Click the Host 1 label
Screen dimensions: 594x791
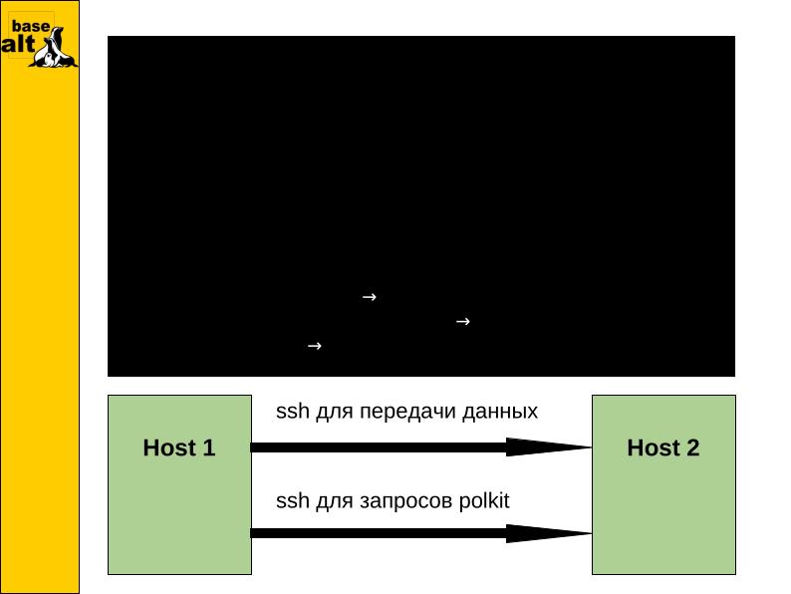pyautogui.click(x=179, y=448)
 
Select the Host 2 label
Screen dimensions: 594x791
pyautogui.click(x=662, y=448)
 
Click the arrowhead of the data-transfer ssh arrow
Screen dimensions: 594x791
pyautogui.click(x=548, y=447)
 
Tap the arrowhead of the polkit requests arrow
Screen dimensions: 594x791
pyautogui.click(x=548, y=533)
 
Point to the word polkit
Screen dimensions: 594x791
pyautogui.click(x=485, y=500)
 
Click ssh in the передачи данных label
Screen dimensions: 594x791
pyautogui.click(x=291, y=412)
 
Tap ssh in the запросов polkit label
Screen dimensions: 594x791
pyautogui.click(x=291, y=500)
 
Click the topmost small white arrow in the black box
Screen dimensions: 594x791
pyautogui.click(x=368, y=297)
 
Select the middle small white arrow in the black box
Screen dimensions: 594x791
pyautogui.click(x=462, y=322)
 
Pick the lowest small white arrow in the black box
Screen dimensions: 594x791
pyautogui.click(x=313, y=346)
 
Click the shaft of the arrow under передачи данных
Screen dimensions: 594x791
pyautogui.click(x=379, y=447)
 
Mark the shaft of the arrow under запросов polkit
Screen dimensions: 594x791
pyautogui.click(x=379, y=533)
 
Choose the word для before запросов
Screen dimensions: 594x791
pyautogui.click(x=332, y=501)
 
